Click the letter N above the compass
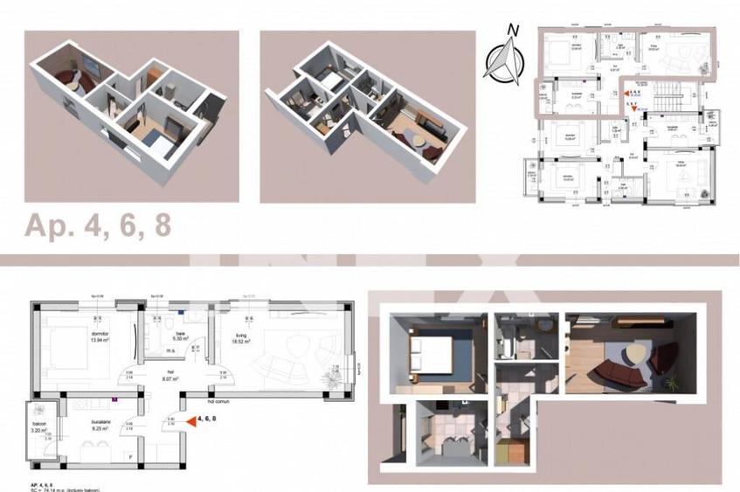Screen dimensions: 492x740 [x=514, y=30]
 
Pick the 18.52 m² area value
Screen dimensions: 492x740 [x=239, y=341]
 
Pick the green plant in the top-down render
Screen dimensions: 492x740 [x=671, y=382]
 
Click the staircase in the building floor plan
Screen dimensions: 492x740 [x=670, y=94]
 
